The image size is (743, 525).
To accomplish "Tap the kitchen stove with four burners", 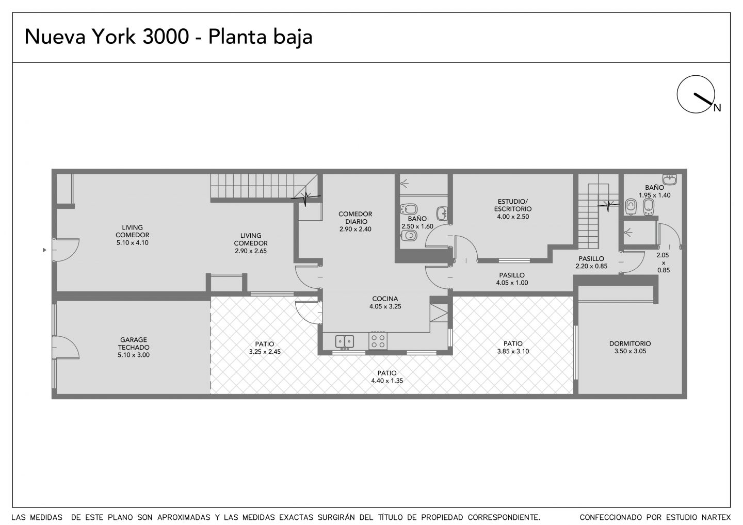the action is [x=378, y=341].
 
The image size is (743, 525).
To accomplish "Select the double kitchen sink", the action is [x=344, y=342].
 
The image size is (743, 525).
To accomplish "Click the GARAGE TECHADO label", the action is [x=134, y=343].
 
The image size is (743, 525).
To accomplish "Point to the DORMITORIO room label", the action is [x=630, y=343].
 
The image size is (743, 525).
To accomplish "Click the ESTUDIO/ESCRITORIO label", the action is [x=513, y=205].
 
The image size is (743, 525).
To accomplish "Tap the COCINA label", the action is [x=385, y=299].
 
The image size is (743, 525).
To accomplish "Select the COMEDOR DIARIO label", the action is [x=355, y=218].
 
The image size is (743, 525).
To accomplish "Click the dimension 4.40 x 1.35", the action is [x=387, y=381].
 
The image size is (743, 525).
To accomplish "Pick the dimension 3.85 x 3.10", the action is [x=513, y=351].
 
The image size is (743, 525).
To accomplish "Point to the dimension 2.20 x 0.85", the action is [x=591, y=266].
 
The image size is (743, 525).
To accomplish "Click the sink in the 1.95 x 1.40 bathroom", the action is [x=670, y=179].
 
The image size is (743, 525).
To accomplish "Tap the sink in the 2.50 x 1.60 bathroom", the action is [x=442, y=214].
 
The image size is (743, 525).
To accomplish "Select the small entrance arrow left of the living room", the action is [x=44, y=250].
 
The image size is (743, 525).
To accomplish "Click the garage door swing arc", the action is [x=75, y=343].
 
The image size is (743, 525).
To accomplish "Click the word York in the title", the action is [x=114, y=37].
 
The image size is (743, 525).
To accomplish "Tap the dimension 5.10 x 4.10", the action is [x=132, y=242].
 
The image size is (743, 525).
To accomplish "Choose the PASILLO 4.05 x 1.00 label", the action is [x=512, y=278].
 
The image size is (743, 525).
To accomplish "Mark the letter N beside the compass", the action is [x=717, y=108].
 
